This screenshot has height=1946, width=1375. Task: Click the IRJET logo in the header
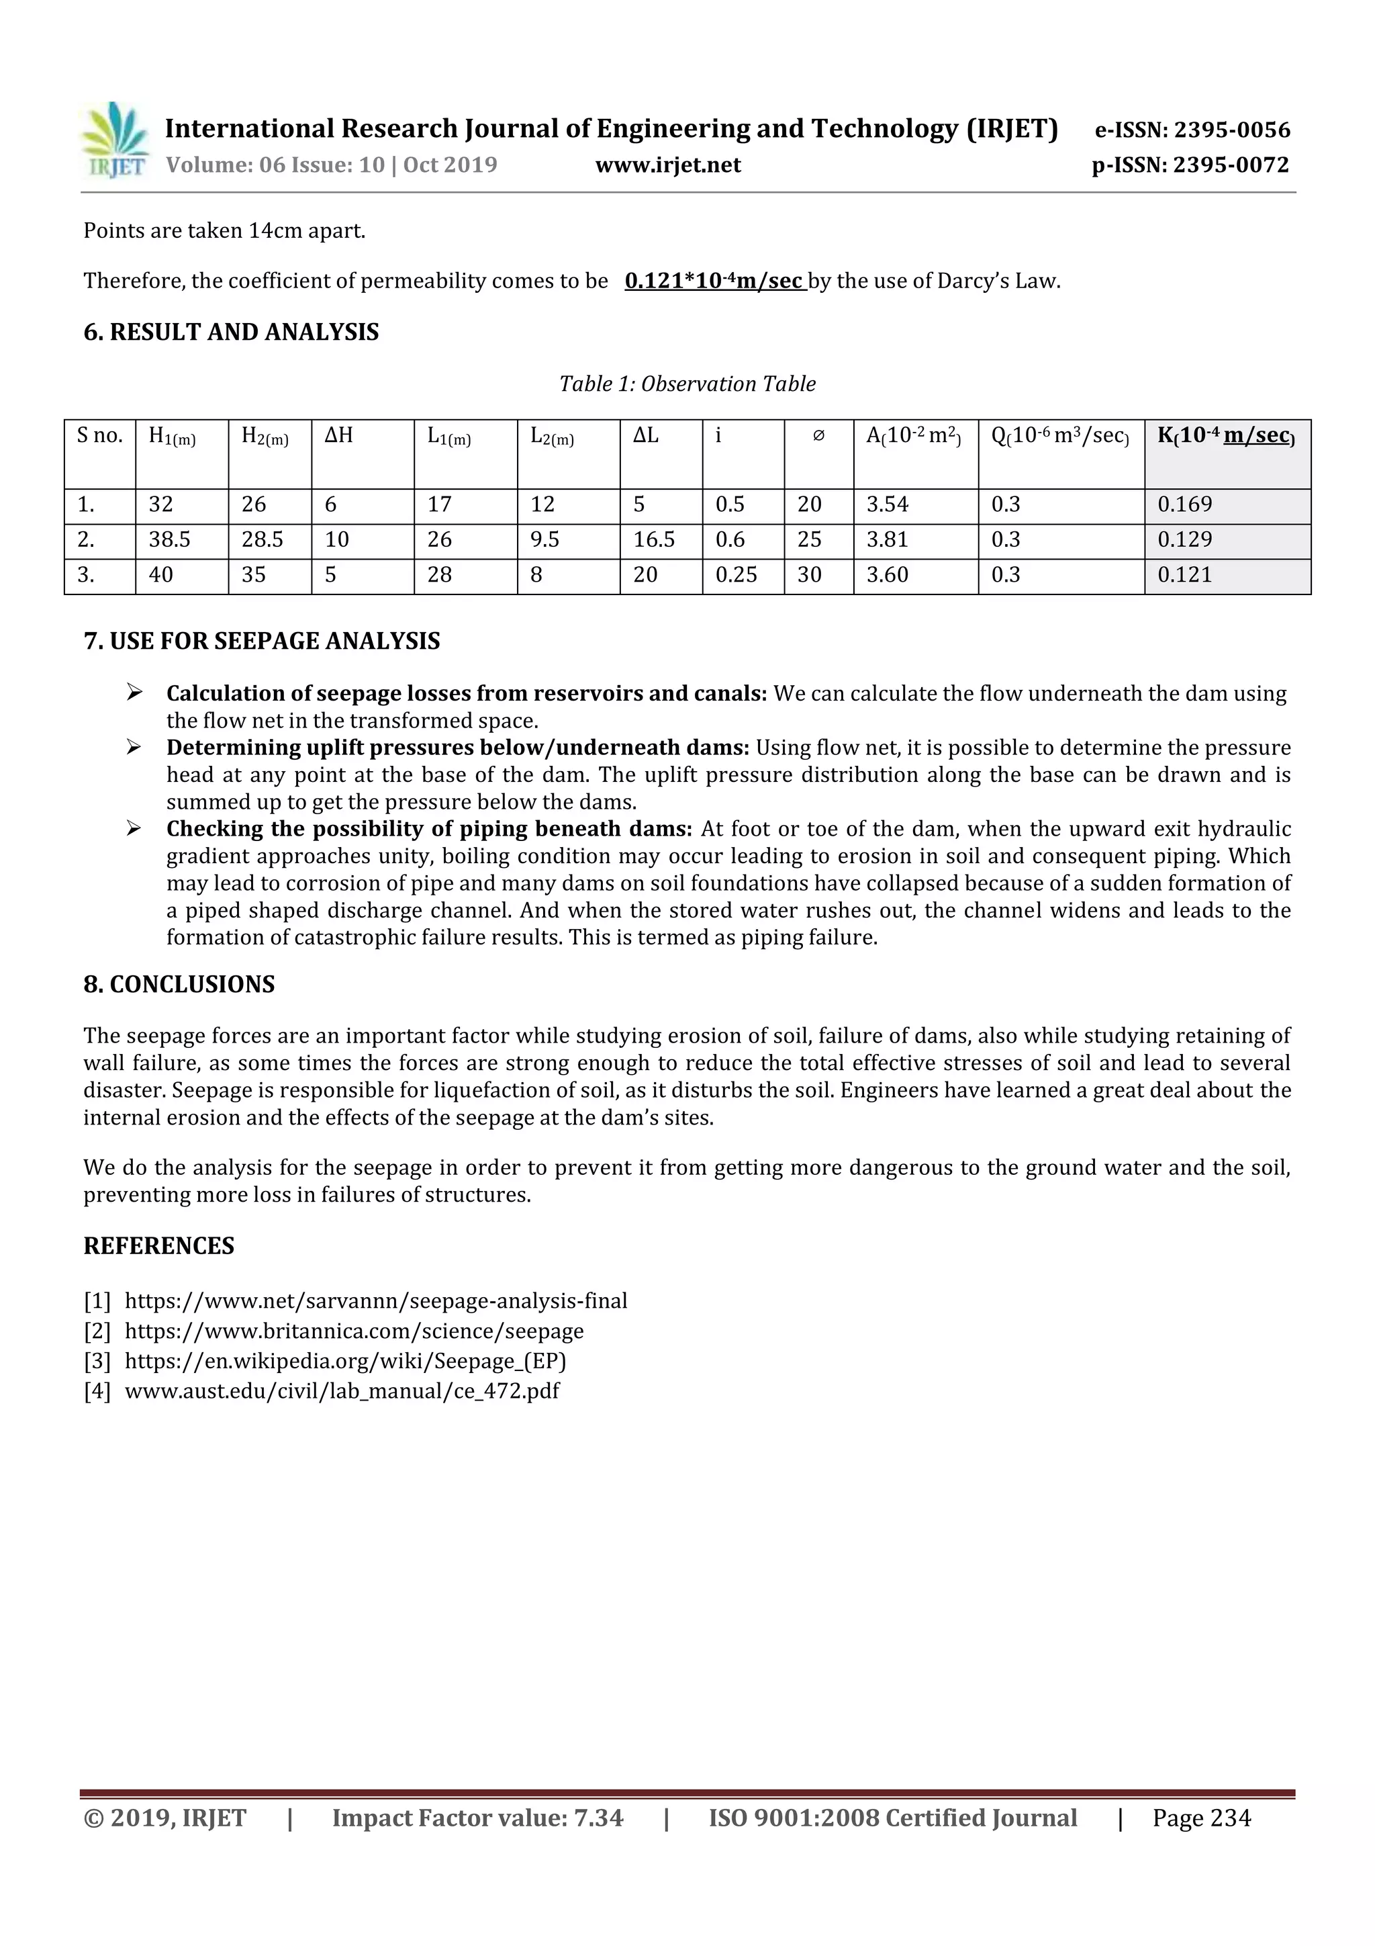[115, 140]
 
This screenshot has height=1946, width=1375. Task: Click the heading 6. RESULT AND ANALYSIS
[231, 333]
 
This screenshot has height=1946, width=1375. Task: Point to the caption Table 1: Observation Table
[687, 384]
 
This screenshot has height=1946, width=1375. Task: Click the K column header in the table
[1225, 436]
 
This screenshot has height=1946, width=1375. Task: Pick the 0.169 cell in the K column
[1184, 504]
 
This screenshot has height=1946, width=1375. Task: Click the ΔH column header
[339, 436]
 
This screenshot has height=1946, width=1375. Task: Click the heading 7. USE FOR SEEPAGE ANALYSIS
[262, 641]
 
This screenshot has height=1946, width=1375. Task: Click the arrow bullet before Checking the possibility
[134, 828]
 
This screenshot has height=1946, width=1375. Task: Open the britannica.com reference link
[354, 1331]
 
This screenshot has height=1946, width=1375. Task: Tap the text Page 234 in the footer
[1200, 1818]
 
